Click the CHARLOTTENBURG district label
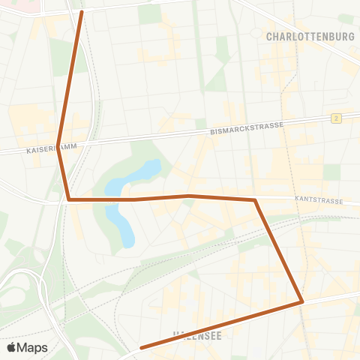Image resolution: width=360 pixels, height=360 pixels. (x=310, y=35)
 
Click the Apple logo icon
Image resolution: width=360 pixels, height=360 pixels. (x=12, y=348)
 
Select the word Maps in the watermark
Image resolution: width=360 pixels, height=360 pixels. (x=33, y=348)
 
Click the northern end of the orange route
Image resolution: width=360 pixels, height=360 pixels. (x=81, y=12)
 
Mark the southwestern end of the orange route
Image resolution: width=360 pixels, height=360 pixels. (x=141, y=347)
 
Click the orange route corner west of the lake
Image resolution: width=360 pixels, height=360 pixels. (x=68, y=199)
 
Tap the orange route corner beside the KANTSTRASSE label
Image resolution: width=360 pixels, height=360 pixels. (x=255, y=200)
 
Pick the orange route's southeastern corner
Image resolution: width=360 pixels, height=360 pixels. (x=302, y=301)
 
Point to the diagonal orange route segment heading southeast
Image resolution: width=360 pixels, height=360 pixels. (x=278, y=250)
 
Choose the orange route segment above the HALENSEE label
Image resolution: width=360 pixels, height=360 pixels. (x=225, y=323)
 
